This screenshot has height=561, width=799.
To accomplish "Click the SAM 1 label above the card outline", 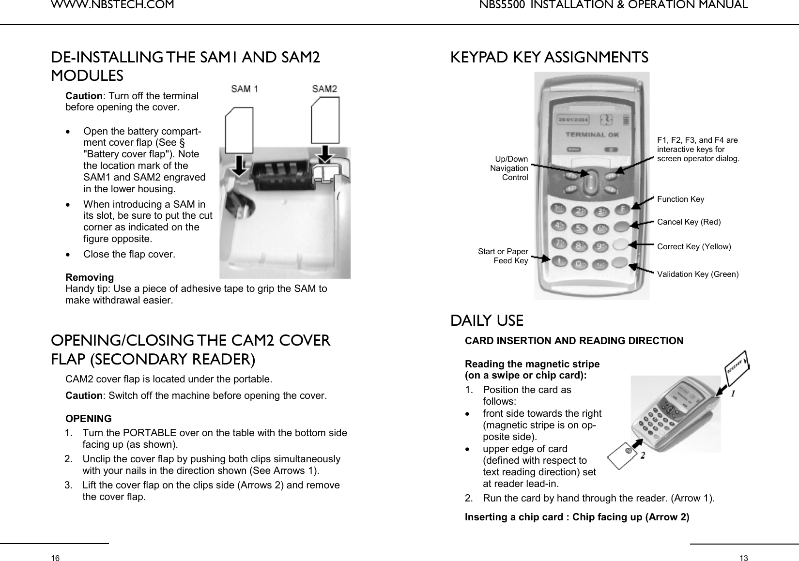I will (x=245, y=89).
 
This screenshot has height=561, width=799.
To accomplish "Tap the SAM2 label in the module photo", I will (x=324, y=89).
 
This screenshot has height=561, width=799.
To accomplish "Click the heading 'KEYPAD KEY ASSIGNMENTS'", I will (x=549, y=58).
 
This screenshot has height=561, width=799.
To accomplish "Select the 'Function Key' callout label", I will (x=680, y=199).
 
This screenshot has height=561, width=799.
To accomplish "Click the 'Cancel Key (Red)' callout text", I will (x=689, y=222).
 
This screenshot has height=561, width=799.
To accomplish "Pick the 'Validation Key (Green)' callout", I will (x=697, y=274).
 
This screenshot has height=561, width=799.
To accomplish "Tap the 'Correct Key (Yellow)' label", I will (x=693, y=247).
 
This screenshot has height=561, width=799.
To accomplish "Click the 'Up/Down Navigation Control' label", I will (x=509, y=168).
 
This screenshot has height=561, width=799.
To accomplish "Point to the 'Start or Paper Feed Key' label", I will (x=503, y=256).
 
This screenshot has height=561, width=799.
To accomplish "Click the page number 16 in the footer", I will (x=56, y=558).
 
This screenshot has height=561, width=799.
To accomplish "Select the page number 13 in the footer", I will (x=743, y=558).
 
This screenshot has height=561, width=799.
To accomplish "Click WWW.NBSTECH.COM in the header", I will (x=112, y=5).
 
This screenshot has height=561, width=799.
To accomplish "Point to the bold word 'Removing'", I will (x=90, y=277).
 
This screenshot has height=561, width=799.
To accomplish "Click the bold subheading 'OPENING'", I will (x=88, y=418).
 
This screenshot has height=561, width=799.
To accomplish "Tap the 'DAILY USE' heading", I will (x=487, y=321).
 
